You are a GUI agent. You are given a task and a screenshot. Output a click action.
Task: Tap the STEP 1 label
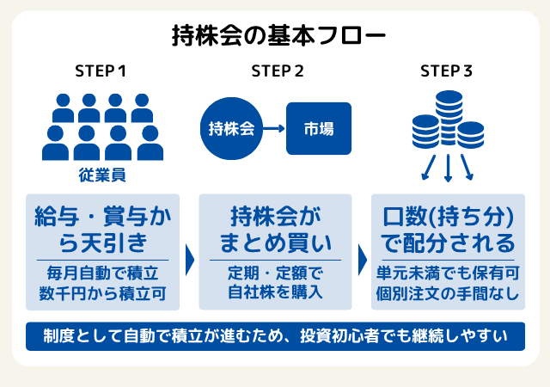[101, 71]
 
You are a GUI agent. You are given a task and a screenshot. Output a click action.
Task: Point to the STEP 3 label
[447, 71]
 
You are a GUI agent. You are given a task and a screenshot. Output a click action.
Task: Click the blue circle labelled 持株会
[230, 129]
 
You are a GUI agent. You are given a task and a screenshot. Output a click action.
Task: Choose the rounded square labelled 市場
[319, 129]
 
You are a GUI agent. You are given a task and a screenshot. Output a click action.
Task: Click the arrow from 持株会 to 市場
[272, 129]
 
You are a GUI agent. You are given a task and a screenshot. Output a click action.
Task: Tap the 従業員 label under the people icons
[102, 175]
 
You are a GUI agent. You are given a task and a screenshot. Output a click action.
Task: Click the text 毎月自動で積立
[103, 274]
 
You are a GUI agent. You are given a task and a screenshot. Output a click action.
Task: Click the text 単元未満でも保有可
[447, 274]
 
